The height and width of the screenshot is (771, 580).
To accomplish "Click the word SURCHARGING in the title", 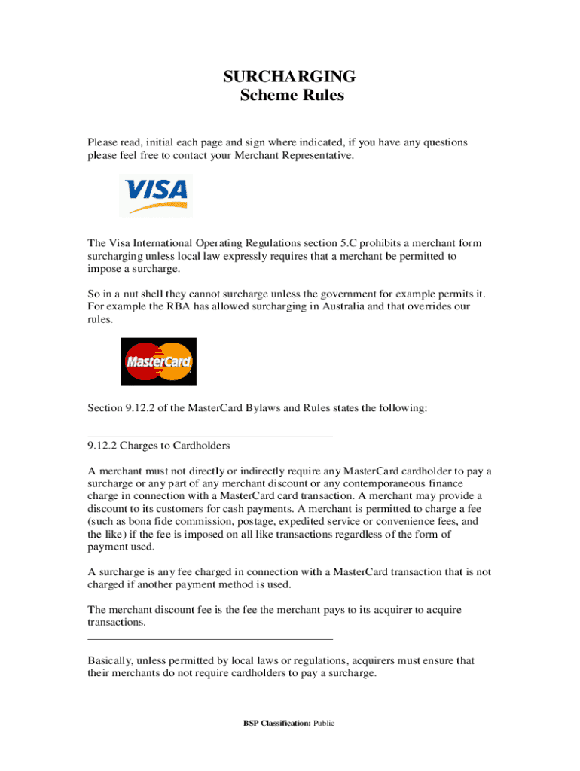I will (x=290, y=76).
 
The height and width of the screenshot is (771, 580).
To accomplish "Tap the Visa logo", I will (x=157, y=195).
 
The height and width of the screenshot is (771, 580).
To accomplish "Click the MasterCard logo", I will (x=159, y=361).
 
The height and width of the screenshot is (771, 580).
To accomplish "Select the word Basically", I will (x=113, y=660).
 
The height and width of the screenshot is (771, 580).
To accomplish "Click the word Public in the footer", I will (x=324, y=724).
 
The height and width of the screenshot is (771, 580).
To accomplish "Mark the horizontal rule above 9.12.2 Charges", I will (x=210, y=436).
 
